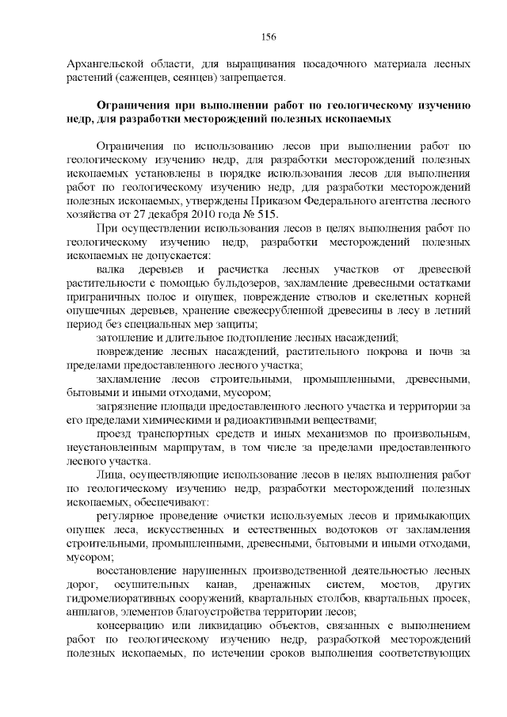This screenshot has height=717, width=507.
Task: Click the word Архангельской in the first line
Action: (x=103, y=63)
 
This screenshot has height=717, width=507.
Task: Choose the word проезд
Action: (x=113, y=434)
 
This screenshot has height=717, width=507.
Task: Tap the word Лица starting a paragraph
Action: (x=108, y=475)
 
